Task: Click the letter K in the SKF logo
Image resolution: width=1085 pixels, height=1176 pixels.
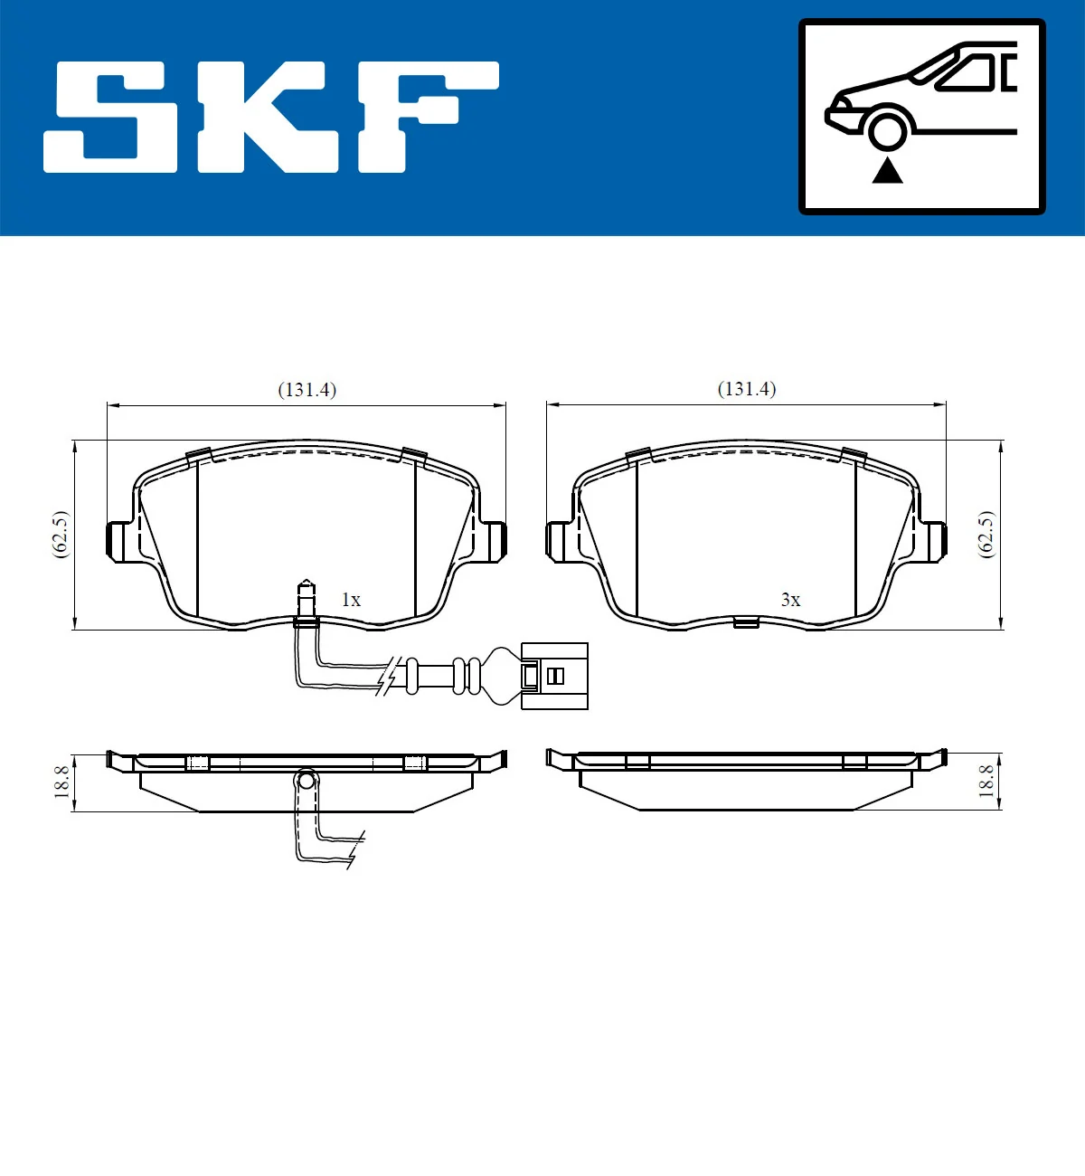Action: click(269, 118)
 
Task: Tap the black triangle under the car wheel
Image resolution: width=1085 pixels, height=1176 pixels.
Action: click(887, 170)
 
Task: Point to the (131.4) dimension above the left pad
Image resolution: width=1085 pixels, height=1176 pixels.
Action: click(307, 390)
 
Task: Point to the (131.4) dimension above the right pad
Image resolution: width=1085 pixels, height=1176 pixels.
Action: click(746, 389)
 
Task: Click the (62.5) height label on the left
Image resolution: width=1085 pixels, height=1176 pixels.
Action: click(60, 535)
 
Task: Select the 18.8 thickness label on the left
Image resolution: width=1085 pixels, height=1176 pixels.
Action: click(61, 781)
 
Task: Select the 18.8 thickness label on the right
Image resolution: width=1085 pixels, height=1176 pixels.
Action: click(986, 781)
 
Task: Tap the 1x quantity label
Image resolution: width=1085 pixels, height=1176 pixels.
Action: click(351, 600)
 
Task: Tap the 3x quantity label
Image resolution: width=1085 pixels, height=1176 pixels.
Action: click(790, 600)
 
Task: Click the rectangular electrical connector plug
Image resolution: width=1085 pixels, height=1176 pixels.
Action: click(554, 676)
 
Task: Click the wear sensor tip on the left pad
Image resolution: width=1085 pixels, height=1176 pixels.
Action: click(307, 597)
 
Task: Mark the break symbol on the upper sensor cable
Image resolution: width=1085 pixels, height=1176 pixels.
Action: click(389, 677)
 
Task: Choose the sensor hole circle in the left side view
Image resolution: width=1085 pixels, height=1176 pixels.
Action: click(307, 779)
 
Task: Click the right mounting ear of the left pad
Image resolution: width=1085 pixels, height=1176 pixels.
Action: click(494, 541)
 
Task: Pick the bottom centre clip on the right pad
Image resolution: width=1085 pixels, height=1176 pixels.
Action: click(746, 621)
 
